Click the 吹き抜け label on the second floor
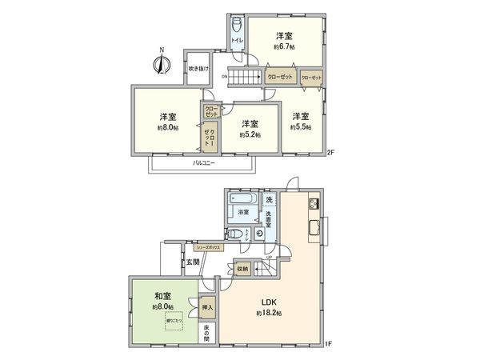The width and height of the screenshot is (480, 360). (x=198, y=69)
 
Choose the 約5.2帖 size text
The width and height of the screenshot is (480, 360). (x=250, y=135)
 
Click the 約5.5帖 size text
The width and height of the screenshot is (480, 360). (x=299, y=126)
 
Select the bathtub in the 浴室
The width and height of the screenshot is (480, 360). (x=241, y=198)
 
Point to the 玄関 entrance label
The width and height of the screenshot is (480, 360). (x=193, y=261)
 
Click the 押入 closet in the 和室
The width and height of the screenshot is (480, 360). (x=206, y=306)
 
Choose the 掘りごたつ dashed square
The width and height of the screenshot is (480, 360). (x=174, y=320)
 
